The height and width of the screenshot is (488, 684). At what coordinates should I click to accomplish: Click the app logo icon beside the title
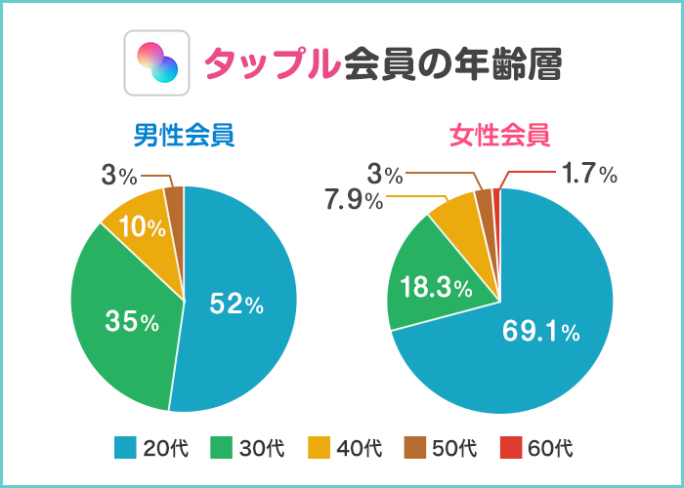tap(156, 64)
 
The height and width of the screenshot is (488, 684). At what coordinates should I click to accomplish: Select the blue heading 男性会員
tap(184, 136)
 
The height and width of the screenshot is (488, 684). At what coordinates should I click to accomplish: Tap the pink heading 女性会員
tap(499, 136)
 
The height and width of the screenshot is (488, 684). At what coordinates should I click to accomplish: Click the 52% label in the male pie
tap(236, 305)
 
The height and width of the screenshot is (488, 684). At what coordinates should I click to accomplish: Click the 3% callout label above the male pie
tap(118, 176)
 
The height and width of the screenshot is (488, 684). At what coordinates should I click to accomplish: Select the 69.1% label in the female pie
tap(541, 331)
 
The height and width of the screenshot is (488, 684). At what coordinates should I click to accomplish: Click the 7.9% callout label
tap(354, 200)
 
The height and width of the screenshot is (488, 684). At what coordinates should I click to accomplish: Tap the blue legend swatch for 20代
tap(125, 448)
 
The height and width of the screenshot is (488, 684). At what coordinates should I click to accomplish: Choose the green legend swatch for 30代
tap(221, 448)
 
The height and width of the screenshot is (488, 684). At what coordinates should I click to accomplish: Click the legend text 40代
tap(359, 448)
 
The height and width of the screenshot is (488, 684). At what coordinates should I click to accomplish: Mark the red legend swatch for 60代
tap(510, 448)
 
